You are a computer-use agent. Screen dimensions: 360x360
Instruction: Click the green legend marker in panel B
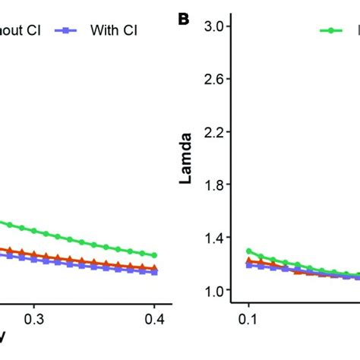click(x=332, y=30)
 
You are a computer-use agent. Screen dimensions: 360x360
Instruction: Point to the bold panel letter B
click(x=183, y=19)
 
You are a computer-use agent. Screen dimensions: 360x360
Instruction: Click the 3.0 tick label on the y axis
click(x=219, y=27)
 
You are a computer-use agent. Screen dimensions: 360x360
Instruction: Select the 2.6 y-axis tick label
click(x=219, y=79)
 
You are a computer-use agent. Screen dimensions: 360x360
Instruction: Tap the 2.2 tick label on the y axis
click(x=219, y=132)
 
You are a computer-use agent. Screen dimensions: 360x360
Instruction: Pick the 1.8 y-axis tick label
click(x=219, y=185)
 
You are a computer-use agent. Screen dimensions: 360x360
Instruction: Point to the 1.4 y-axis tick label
click(x=219, y=238)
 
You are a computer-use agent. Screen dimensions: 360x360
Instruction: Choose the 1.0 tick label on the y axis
click(x=219, y=291)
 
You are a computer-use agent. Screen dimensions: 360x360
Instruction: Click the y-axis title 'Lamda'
click(x=185, y=159)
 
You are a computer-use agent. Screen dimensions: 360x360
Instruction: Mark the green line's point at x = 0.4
click(x=154, y=255)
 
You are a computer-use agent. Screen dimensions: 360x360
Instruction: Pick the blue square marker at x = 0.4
click(x=154, y=271)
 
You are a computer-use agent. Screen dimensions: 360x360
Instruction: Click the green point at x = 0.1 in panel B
click(x=248, y=251)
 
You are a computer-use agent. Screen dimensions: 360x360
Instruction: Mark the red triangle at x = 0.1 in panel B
click(x=248, y=261)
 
